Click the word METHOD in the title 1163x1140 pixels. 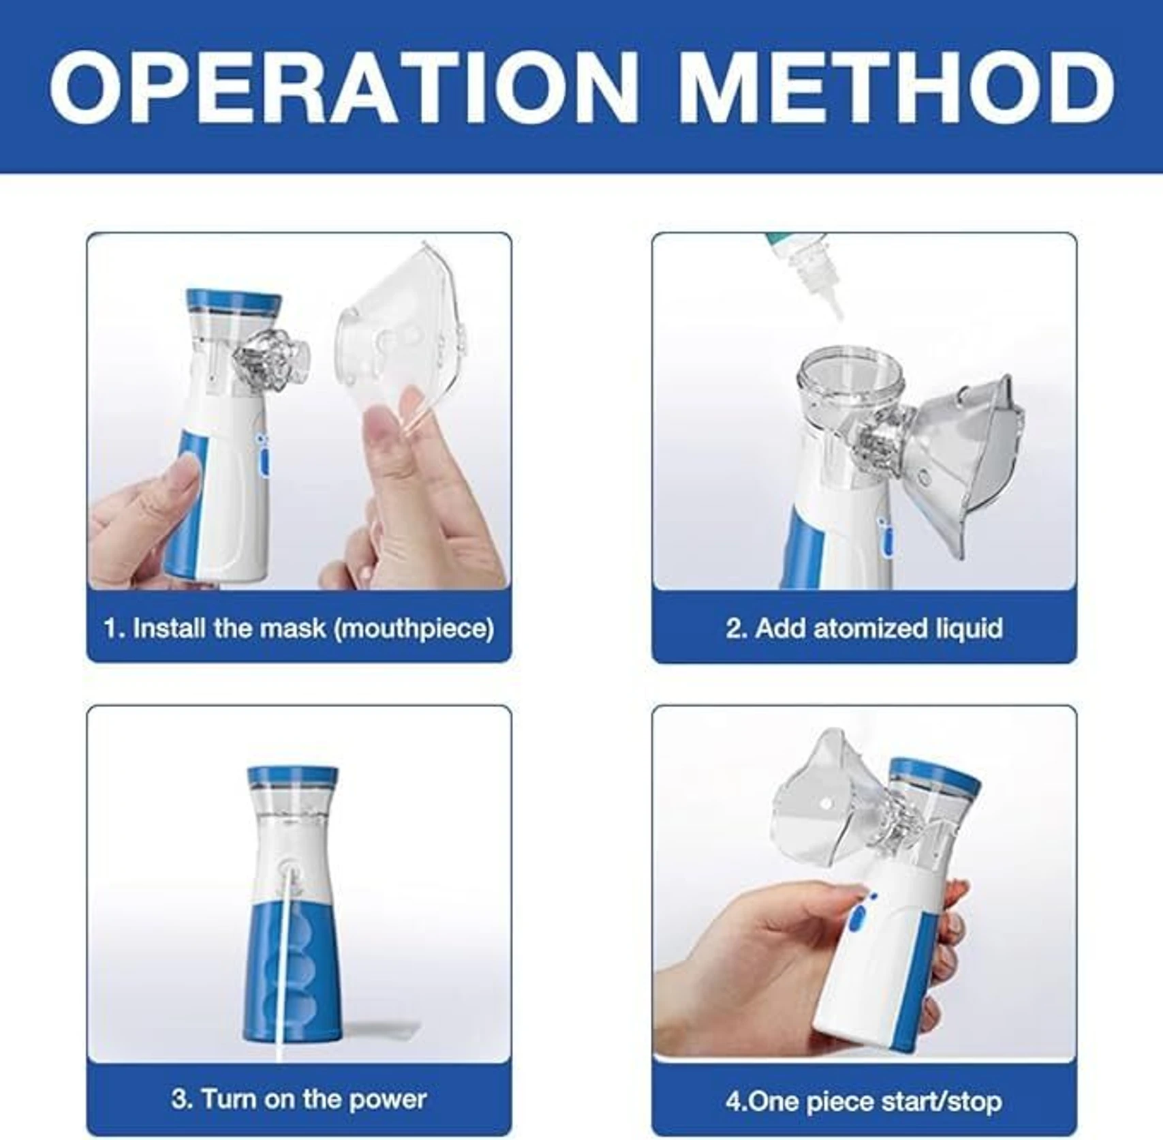click(x=895, y=87)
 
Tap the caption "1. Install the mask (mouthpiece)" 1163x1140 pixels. click(x=298, y=628)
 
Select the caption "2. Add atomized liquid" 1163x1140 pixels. click(x=864, y=628)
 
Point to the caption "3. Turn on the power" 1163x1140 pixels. click(x=298, y=1099)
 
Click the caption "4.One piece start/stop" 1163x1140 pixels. click(x=864, y=1101)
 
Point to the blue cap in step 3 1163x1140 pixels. click(x=292, y=777)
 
